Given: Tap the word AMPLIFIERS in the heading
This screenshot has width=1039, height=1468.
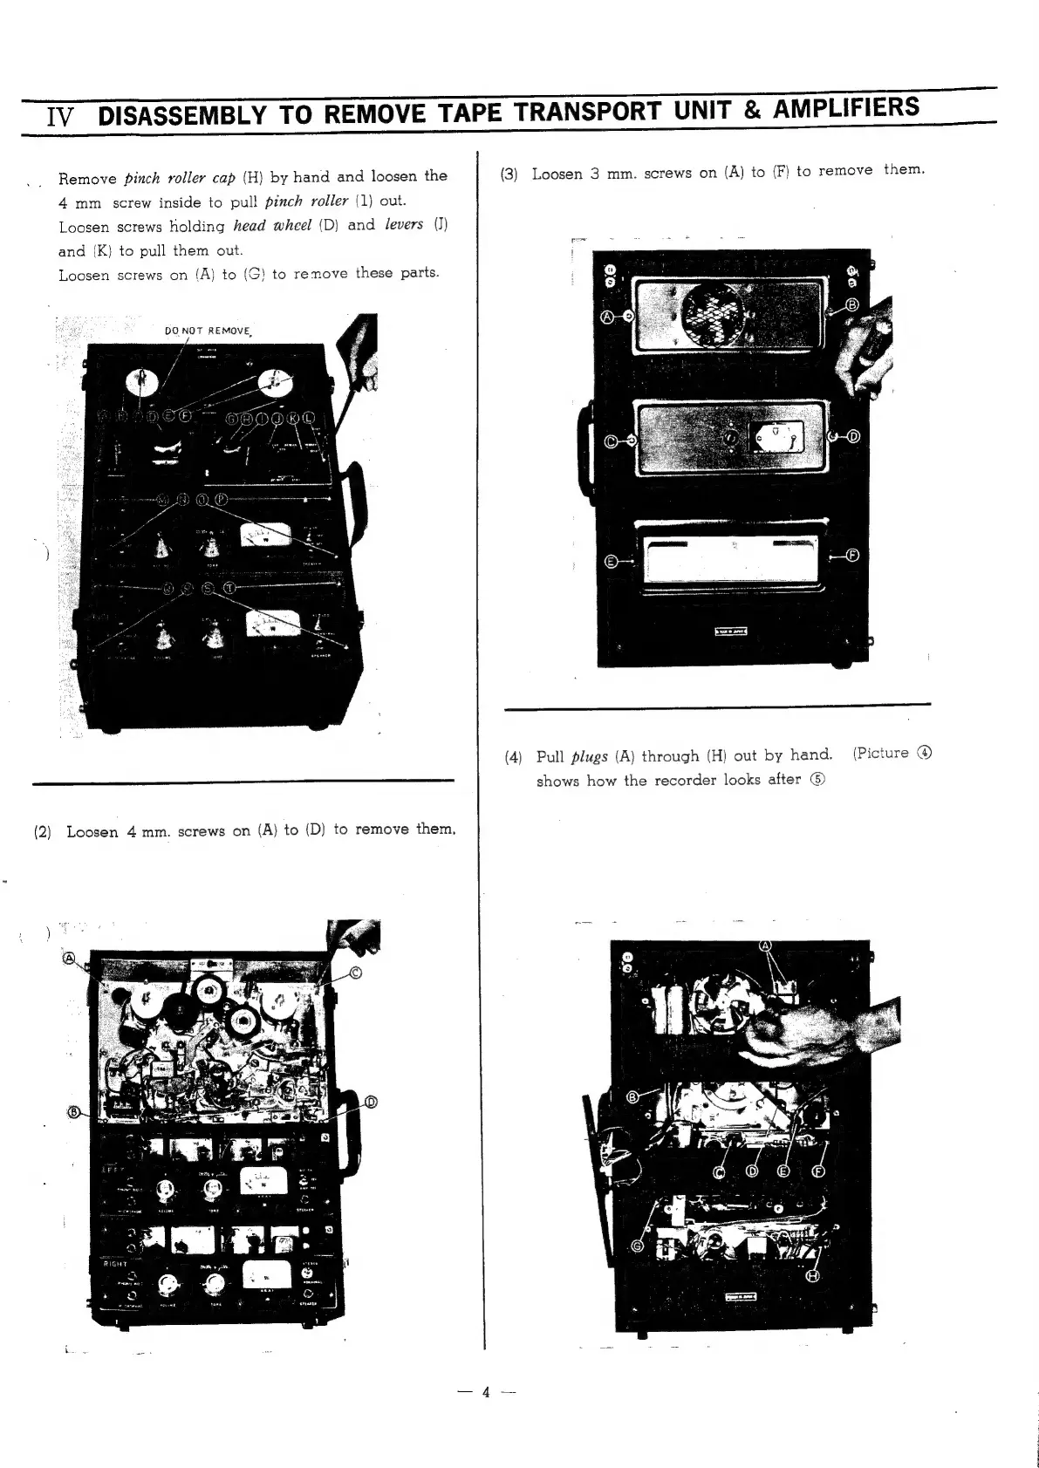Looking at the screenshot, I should tap(845, 108).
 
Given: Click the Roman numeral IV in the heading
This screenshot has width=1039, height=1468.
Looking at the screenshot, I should tap(63, 118).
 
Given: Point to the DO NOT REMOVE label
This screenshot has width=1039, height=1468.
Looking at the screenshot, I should tap(208, 331).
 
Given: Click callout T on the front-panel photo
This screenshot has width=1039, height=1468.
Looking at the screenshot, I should tap(229, 587).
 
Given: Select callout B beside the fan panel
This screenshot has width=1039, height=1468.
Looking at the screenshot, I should tap(851, 304).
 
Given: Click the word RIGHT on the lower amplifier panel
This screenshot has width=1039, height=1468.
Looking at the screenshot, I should tap(116, 1264).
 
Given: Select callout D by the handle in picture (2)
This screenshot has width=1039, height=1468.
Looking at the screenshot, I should tap(370, 1102).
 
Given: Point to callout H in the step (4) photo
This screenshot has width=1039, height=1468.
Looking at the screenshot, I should tap(814, 1276).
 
